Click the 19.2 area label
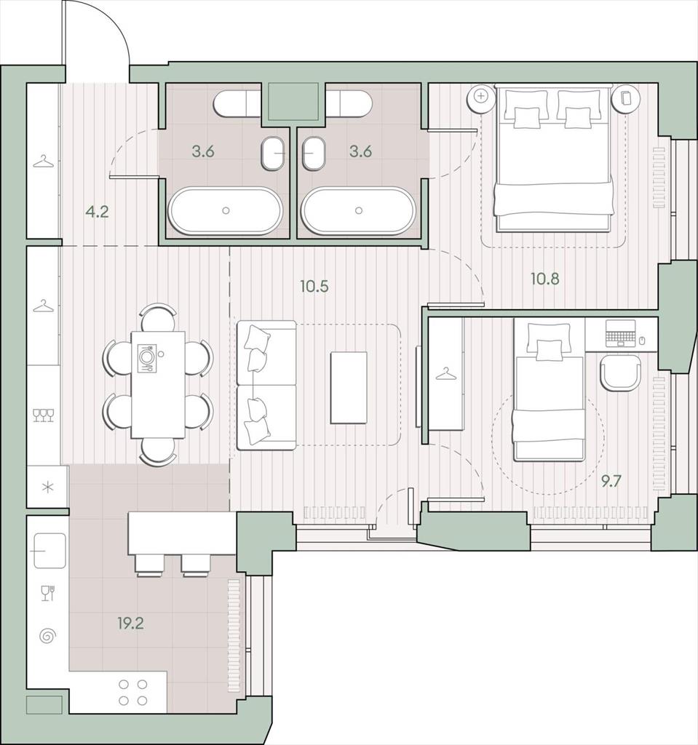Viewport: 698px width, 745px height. [131, 623]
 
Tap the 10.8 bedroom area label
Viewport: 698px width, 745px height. [545, 279]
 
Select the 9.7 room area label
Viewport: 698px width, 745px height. [611, 482]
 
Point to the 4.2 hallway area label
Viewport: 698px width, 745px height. [98, 212]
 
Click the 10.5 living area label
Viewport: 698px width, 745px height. [314, 287]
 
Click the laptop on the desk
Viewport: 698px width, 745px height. [621, 333]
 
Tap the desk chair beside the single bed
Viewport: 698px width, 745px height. [621, 373]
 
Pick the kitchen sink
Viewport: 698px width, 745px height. [49, 550]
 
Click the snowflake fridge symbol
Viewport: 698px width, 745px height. [48, 487]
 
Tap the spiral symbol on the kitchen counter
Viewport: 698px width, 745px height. [47, 636]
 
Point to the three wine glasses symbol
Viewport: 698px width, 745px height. [43, 415]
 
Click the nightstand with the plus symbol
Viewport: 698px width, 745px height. [481, 96]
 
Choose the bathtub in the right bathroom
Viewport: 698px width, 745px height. [359, 211]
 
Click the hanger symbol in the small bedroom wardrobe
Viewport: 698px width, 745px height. [445, 375]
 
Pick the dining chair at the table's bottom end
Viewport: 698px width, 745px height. [159, 452]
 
